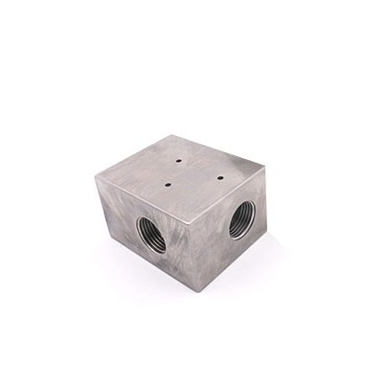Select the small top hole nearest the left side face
point(169,181)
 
